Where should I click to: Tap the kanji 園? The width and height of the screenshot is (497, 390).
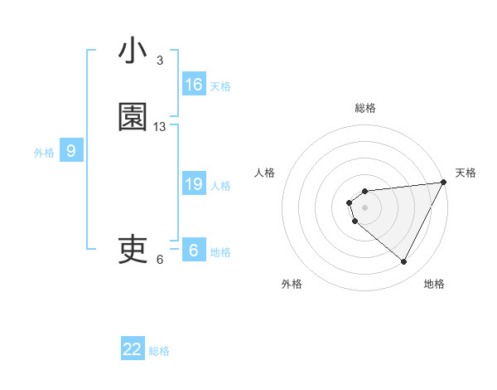click(133, 119)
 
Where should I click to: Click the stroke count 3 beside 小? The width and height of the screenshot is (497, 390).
click(160, 61)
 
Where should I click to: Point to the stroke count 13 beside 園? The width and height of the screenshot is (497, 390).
click(160, 127)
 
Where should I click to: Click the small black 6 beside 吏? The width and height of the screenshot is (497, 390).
click(160, 260)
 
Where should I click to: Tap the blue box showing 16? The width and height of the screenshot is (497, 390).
click(194, 85)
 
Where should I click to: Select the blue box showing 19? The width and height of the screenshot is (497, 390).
click(194, 184)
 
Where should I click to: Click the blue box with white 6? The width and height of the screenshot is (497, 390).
click(194, 251)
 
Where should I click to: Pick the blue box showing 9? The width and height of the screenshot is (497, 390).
click(71, 151)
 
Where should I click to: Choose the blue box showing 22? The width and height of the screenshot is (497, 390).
click(133, 349)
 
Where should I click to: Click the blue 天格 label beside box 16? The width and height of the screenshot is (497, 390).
click(220, 86)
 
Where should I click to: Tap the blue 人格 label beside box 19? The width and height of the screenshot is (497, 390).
click(220, 186)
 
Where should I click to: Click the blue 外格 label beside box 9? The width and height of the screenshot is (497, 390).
click(44, 153)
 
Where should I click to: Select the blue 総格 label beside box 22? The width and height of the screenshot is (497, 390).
click(159, 351)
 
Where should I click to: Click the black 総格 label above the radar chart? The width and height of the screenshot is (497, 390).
click(364, 108)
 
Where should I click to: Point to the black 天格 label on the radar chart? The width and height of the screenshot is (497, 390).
click(466, 173)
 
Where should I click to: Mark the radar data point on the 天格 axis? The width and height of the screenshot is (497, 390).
click(443, 182)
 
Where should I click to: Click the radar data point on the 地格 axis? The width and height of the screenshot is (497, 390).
click(403, 261)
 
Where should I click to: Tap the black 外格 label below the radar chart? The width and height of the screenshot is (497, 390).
click(292, 285)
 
